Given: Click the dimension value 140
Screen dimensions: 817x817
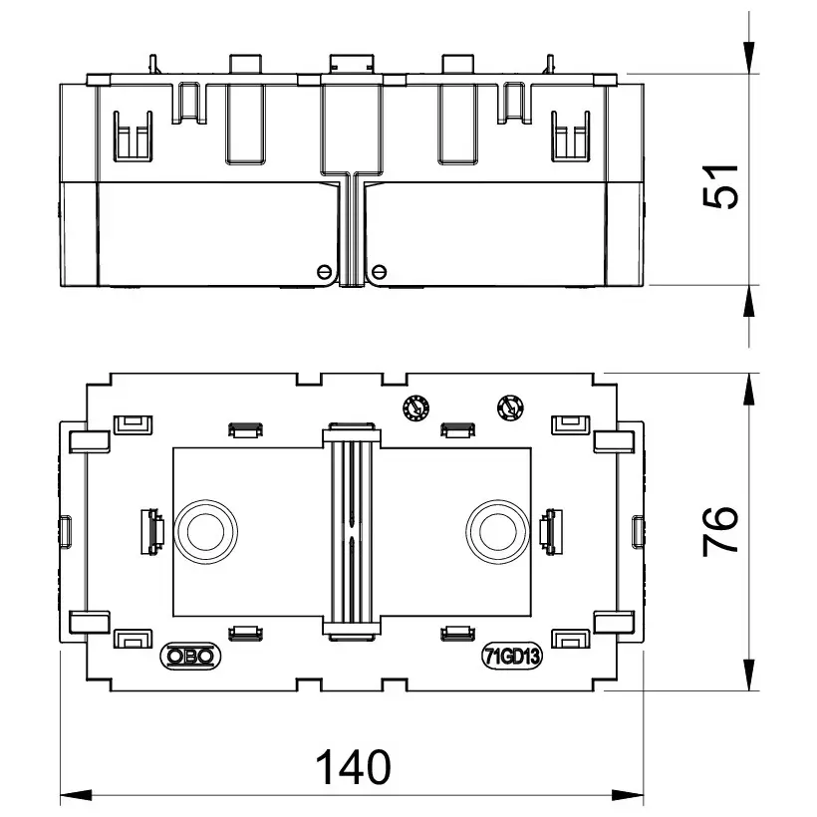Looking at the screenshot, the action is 353,766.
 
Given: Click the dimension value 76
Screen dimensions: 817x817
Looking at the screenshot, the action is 721,531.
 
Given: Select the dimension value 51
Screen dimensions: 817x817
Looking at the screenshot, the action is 721,186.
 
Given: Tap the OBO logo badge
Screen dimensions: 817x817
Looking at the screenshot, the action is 190,656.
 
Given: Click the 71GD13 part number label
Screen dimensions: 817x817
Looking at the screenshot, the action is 511,657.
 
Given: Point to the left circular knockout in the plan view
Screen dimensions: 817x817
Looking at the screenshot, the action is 205,531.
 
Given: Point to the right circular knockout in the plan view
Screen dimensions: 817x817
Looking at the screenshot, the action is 498,531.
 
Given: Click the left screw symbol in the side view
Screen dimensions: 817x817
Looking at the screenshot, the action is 324,271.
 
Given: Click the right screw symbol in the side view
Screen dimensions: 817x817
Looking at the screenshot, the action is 380,271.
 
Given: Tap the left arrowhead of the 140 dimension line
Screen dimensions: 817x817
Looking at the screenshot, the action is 76,796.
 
